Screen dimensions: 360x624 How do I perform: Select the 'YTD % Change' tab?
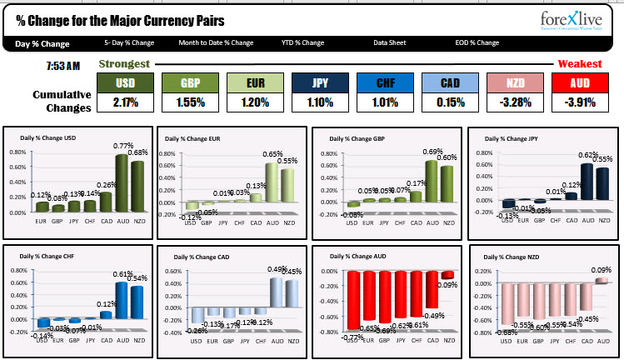302,42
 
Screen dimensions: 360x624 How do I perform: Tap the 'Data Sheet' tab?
391,42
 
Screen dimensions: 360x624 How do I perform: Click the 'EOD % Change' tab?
477,42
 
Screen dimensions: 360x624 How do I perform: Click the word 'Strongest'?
124,63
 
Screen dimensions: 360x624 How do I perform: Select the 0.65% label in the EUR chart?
272,154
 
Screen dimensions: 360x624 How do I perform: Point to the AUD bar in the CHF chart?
122,295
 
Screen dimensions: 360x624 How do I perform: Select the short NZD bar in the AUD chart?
448,274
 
